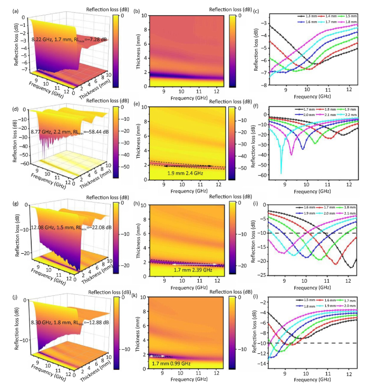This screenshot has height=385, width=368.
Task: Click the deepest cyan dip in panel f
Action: pos(281,172)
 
